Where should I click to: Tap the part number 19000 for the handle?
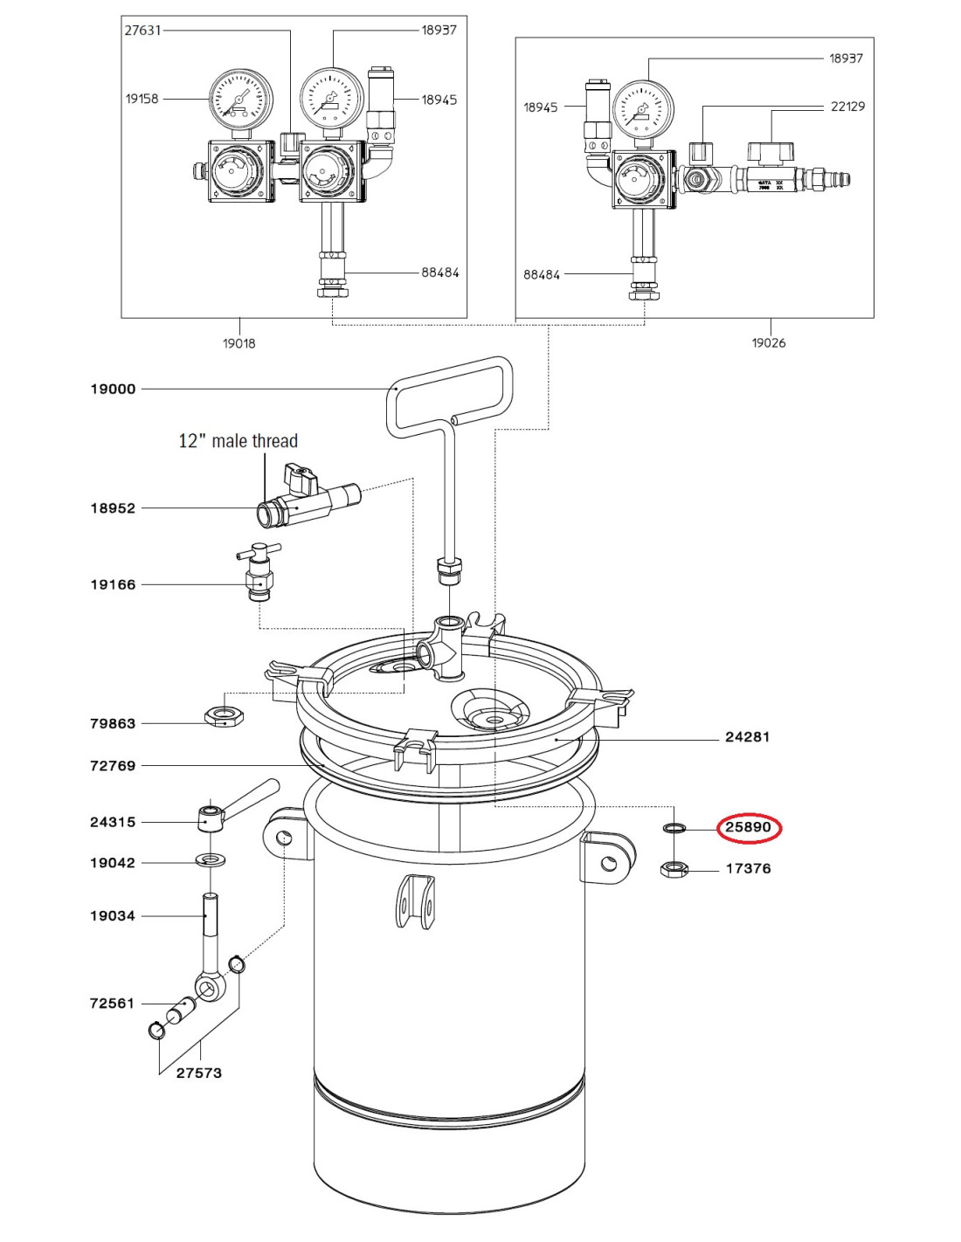(114, 390)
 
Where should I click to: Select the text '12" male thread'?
(239, 441)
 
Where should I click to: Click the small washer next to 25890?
(673, 828)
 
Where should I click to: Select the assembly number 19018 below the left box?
(239, 343)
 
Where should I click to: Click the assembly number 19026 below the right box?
(768, 343)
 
